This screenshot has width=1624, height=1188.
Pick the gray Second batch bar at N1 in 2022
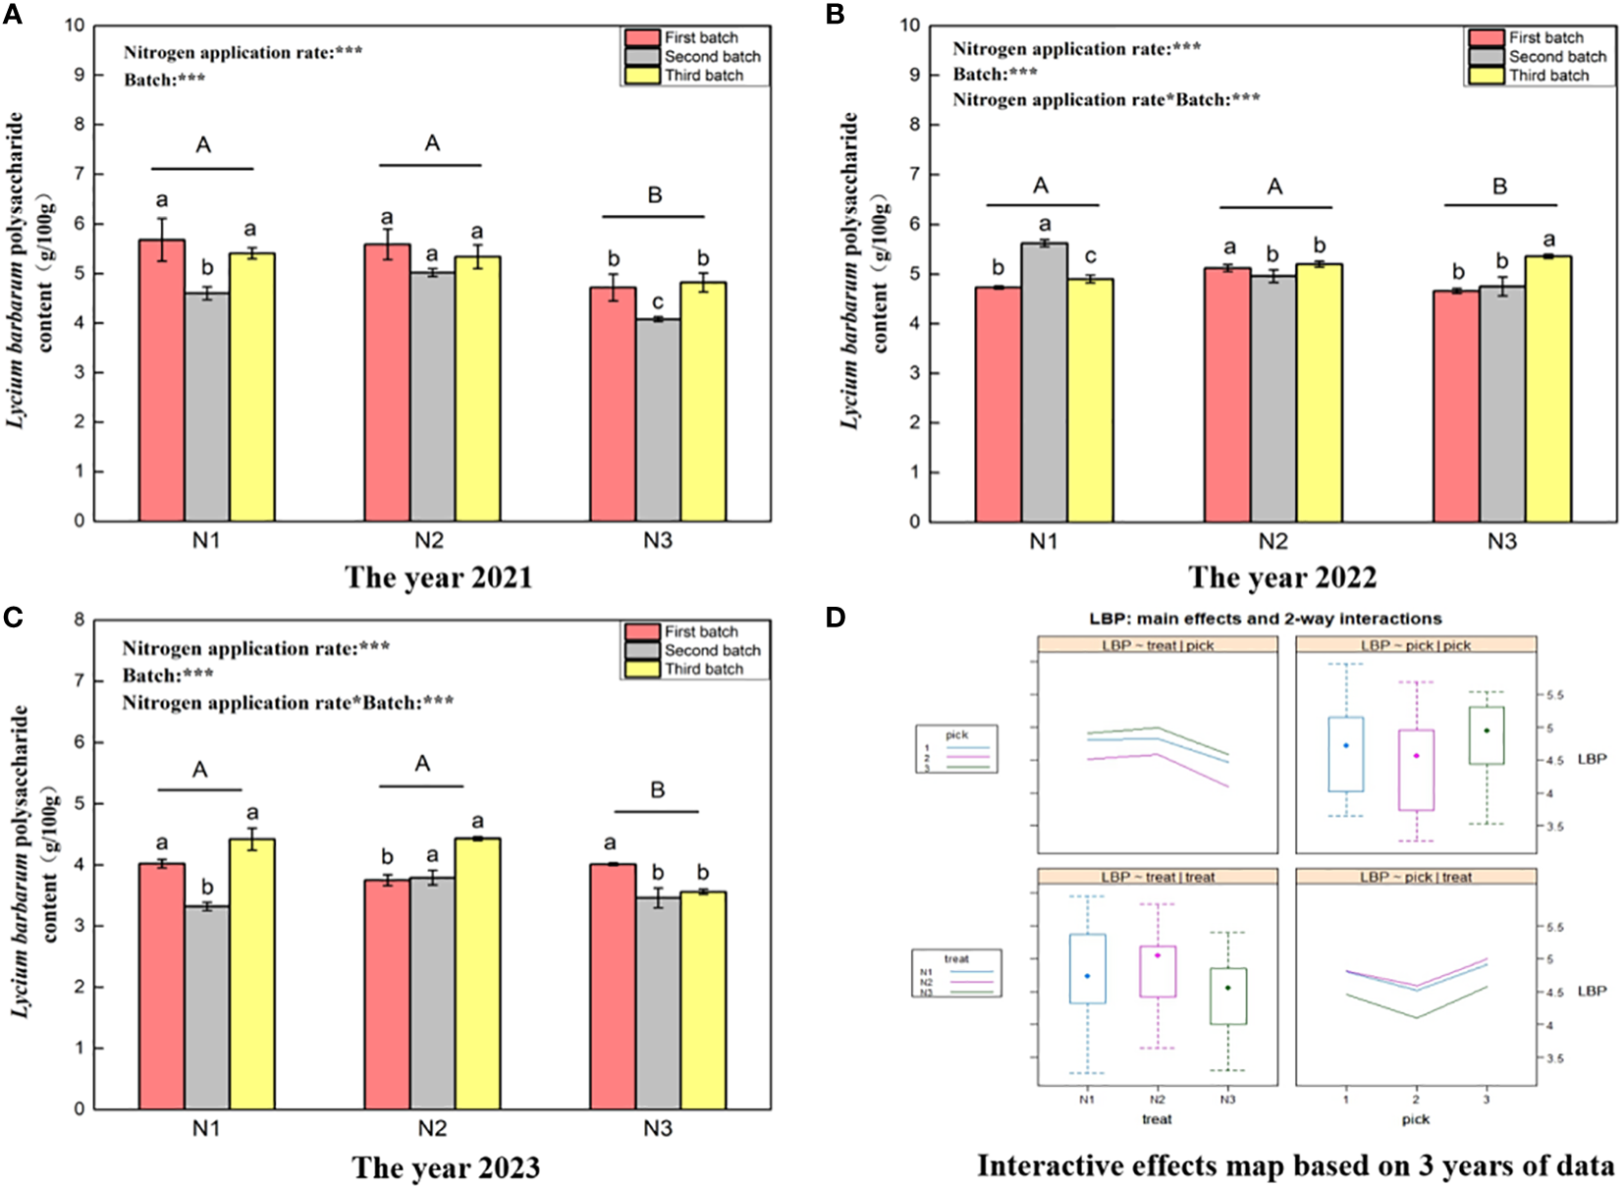click(x=1044, y=383)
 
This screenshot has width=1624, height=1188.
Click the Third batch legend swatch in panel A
click(x=642, y=76)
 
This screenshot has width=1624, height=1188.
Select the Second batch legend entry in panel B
click(x=1557, y=57)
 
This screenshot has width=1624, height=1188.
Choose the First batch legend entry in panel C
click(x=700, y=631)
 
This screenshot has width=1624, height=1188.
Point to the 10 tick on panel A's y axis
click(x=76, y=25)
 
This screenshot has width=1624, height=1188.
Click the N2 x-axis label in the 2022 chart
click(x=1272, y=541)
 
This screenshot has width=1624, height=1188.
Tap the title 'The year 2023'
click(x=446, y=1167)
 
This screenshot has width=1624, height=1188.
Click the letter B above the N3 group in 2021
click(x=655, y=195)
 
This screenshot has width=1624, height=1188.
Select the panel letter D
click(x=836, y=618)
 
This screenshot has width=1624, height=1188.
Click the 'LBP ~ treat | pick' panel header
click(x=1158, y=645)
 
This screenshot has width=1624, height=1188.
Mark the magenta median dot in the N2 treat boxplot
click(x=1158, y=955)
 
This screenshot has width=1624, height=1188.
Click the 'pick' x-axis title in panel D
click(x=1415, y=1119)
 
